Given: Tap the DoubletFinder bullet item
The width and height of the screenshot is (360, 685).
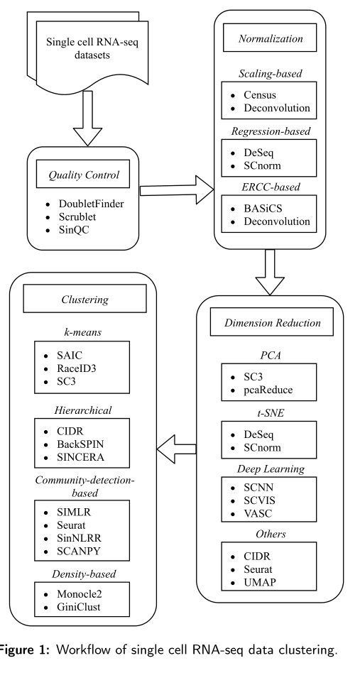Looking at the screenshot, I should [x=91, y=204].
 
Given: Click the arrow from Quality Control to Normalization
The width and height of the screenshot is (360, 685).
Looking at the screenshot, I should [x=177, y=190].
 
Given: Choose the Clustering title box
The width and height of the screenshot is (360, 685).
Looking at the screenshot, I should [x=84, y=300].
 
